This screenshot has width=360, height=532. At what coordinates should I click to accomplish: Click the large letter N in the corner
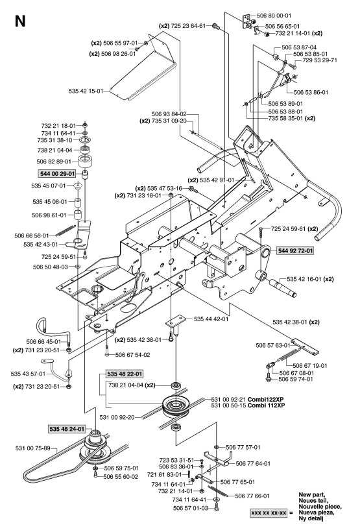tap(20, 21)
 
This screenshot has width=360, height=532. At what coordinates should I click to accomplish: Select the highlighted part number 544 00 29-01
tap(60, 174)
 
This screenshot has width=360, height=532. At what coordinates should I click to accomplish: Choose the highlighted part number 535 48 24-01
tap(66, 429)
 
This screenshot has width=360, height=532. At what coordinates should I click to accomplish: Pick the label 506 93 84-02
tap(169, 113)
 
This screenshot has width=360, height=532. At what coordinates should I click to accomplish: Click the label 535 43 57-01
tap(27, 374)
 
